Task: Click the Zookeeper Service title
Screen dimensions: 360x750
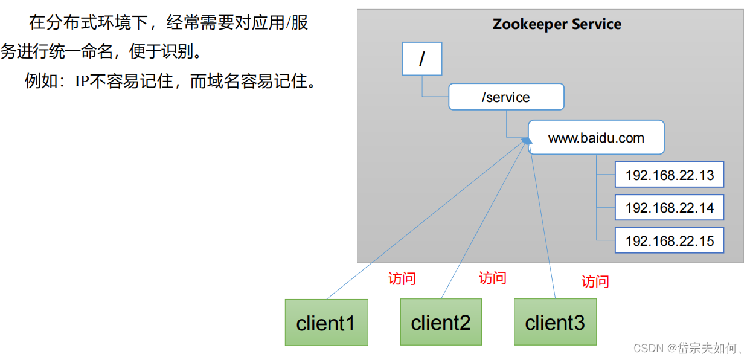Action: click(557, 25)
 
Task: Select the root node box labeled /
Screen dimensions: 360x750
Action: click(421, 59)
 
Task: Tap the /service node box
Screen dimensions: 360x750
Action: click(506, 97)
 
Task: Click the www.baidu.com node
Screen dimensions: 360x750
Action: click(596, 138)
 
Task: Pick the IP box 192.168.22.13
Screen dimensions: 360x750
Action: click(669, 175)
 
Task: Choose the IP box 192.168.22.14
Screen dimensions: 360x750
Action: click(669, 208)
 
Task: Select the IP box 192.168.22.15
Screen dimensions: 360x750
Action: click(669, 240)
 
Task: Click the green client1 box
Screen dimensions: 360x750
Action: click(326, 323)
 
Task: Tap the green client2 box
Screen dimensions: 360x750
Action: click(441, 323)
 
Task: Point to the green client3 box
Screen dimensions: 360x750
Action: click(555, 323)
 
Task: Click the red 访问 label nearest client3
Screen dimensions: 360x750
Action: click(595, 281)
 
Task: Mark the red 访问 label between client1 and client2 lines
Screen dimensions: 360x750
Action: click(402, 278)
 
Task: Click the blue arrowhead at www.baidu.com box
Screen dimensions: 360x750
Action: click(527, 140)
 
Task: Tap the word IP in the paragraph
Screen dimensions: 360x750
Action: click(82, 81)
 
